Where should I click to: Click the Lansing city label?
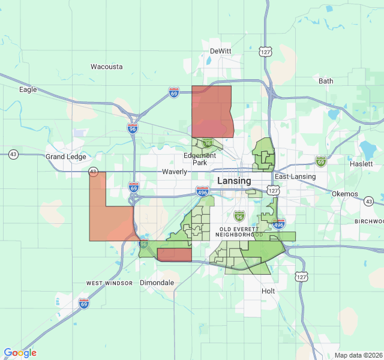tap(234, 181)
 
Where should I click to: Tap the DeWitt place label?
tap(220, 51)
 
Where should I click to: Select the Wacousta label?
tap(106, 67)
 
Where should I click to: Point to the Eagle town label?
tap(28, 89)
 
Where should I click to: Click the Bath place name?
tap(326, 81)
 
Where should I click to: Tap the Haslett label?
tap(362, 163)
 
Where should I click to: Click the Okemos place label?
tap(345, 194)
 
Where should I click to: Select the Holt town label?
tap(268, 291)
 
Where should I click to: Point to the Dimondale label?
tap(157, 282)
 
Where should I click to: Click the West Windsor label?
tap(109, 283)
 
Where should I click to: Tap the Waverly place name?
tap(175, 172)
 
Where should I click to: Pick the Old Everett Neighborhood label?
tap(241, 232)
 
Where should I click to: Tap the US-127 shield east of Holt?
tap(301, 277)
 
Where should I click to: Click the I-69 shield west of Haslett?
tap(321, 161)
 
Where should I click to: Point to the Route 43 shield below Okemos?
tap(369, 201)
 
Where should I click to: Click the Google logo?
tap(20, 353)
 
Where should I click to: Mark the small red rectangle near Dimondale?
tap(175, 255)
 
